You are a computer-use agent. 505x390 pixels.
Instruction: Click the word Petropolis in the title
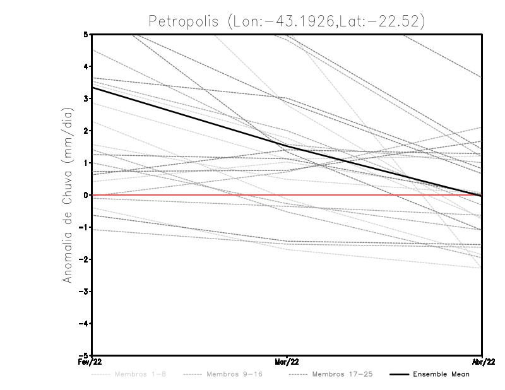(x=182, y=21)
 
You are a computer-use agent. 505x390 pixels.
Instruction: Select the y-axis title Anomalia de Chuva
(x=68, y=194)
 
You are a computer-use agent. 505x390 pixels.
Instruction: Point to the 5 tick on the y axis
(x=86, y=34)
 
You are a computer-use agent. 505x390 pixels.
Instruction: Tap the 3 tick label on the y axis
(x=86, y=98)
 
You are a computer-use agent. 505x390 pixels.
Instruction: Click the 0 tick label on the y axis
(x=86, y=195)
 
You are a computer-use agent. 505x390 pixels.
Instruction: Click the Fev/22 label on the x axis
(x=92, y=362)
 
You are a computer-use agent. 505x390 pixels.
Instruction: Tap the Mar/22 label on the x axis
(x=287, y=362)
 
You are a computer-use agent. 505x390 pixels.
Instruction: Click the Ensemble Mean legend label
(x=441, y=374)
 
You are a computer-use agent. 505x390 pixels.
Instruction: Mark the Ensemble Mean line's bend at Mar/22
(x=287, y=146)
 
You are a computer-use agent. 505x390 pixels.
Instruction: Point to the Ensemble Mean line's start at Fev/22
(x=93, y=87)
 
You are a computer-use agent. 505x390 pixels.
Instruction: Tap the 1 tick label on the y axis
(x=86, y=163)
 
